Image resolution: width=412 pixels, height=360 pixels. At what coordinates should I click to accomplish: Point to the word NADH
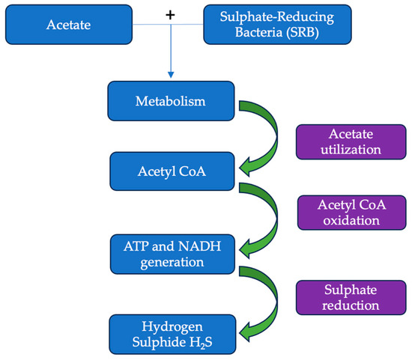point(195,243)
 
